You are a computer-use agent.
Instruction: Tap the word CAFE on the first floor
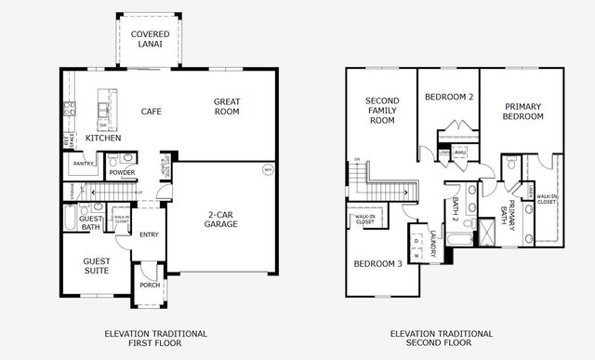pos(152,112)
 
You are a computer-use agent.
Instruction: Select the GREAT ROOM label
pos(226,106)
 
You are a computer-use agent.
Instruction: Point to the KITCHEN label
pos(103,138)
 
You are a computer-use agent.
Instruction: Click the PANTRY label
pos(85,165)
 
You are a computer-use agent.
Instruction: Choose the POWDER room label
pos(122,173)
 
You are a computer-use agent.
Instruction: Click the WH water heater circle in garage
pos(268,170)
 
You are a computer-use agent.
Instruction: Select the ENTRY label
pos(149,234)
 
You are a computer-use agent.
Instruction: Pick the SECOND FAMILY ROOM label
pos(382,110)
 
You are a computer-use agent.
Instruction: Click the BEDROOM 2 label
pos(449,97)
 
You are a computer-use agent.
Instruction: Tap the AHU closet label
pos(459,152)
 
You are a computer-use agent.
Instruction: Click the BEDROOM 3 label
pos(377,263)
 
